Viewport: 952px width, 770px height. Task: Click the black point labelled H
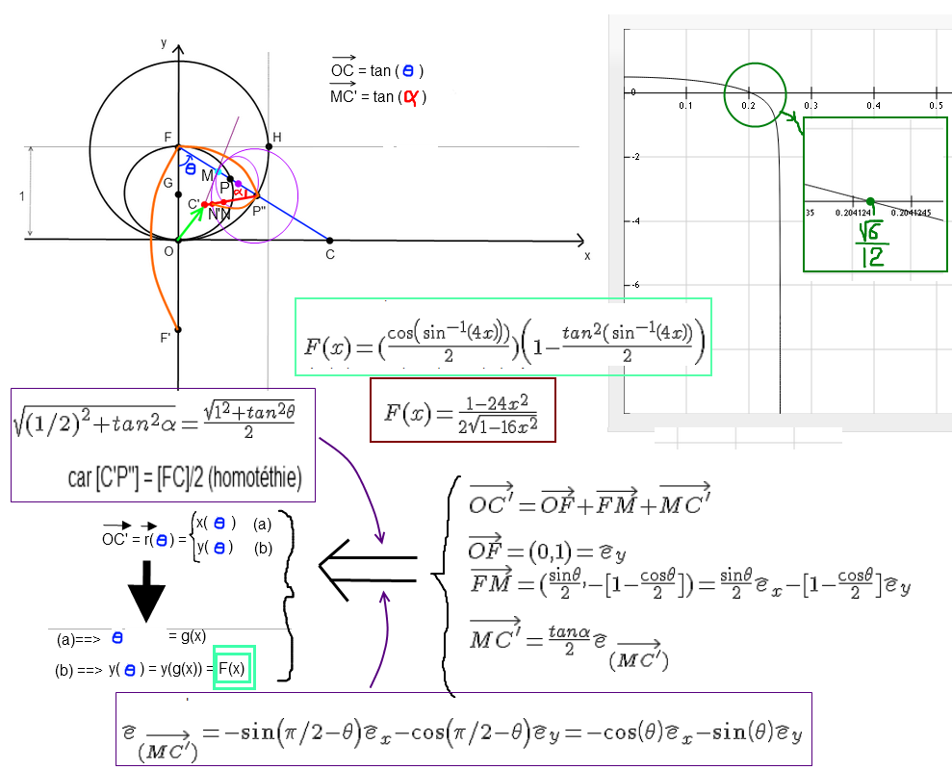click(268, 147)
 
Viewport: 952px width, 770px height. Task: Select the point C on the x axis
click(329, 241)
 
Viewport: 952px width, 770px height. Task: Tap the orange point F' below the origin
click(179, 329)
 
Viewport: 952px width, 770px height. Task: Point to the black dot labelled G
click(179, 194)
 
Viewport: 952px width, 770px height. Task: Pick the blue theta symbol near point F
click(190, 168)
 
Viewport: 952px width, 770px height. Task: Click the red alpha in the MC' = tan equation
click(410, 96)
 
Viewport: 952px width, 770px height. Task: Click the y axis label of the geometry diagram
click(165, 42)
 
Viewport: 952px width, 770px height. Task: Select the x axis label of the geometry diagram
click(586, 256)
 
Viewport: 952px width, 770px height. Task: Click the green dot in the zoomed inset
click(869, 200)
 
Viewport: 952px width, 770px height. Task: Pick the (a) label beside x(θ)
click(262, 526)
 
